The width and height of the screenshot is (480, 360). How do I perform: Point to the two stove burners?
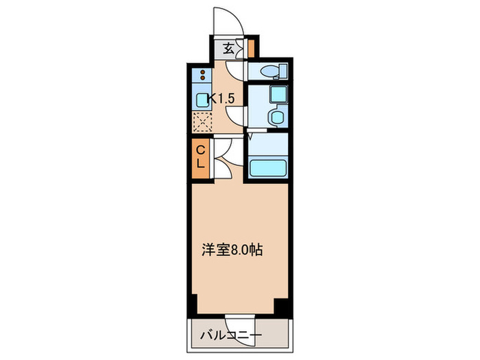[x=203, y=76]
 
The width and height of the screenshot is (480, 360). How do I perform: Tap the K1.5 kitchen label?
[x=223, y=99]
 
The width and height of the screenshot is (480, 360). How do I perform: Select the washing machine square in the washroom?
[x=278, y=95]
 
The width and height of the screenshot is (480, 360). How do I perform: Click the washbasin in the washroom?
[x=276, y=117]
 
